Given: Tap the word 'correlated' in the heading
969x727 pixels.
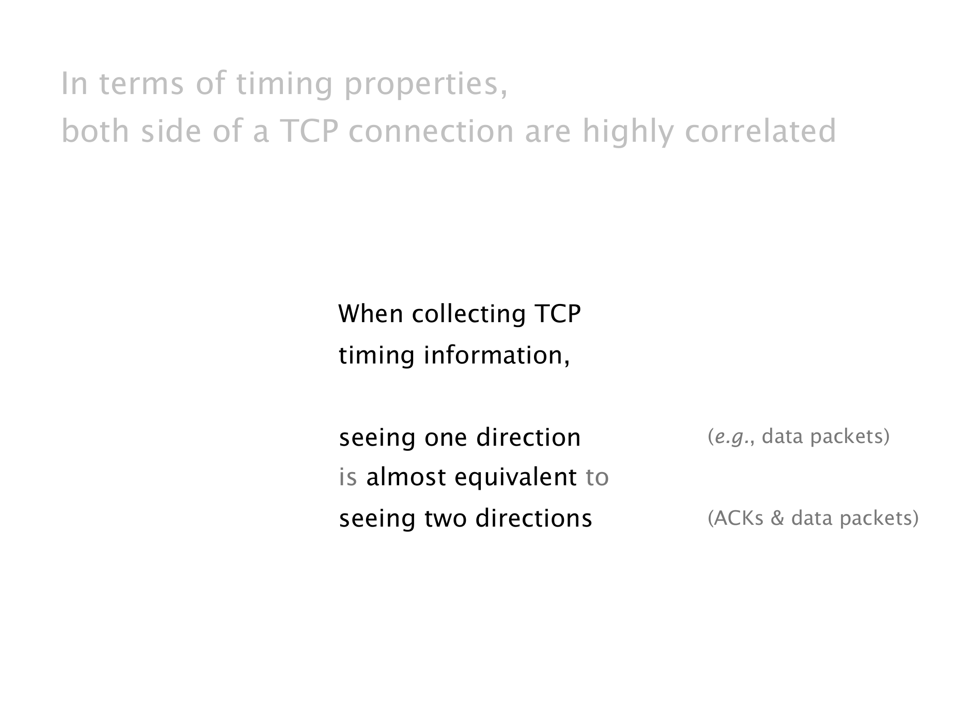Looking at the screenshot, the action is (x=760, y=131).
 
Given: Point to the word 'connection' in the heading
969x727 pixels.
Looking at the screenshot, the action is (x=431, y=131).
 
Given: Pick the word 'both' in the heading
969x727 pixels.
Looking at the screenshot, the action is (x=95, y=131).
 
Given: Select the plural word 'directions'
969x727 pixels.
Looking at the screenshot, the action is (x=534, y=518).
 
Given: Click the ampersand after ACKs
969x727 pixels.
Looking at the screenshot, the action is (x=777, y=518).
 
